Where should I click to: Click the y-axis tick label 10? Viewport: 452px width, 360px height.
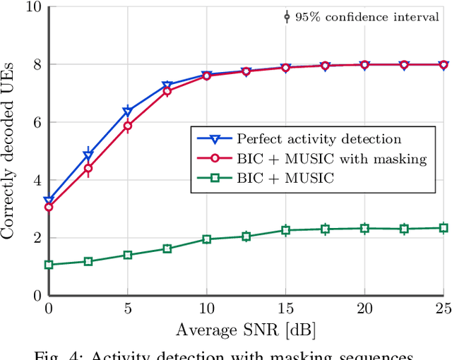32,7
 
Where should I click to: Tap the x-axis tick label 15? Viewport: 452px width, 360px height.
285,308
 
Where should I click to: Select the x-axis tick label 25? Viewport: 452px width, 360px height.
443,308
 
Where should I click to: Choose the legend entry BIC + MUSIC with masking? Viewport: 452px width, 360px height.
332,159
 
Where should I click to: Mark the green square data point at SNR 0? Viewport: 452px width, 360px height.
49,265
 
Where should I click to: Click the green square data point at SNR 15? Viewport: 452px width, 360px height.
285,230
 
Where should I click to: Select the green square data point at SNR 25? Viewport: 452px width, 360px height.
444,228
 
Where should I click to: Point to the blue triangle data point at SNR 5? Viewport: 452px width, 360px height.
128,112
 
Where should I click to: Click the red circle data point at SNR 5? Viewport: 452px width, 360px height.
128,126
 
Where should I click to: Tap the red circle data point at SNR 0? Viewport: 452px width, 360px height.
49,207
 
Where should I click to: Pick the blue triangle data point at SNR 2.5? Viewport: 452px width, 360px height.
88,155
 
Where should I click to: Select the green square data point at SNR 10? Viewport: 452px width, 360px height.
207,239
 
